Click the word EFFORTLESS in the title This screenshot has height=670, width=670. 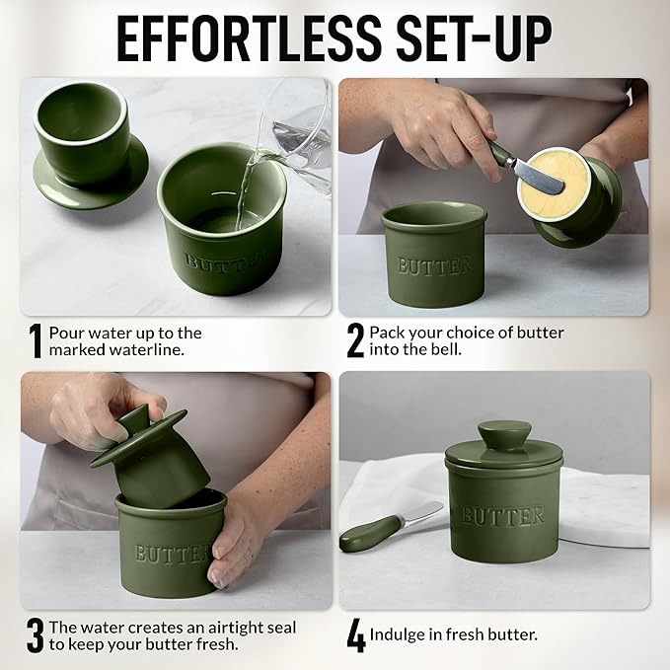tap(249, 39)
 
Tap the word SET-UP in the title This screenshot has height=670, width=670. tap(475, 39)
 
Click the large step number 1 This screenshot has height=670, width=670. tap(36, 341)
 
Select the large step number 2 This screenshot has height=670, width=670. tap(355, 340)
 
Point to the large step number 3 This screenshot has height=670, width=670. tap(36, 635)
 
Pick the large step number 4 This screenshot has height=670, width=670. tap(356, 635)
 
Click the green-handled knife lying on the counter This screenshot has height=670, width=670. tap(391, 527)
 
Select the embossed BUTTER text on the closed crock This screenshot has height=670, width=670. tap(503, 516)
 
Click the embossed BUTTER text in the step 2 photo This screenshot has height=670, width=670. tap(434, 265)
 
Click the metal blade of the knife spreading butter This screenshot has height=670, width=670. tap(538, 176)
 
